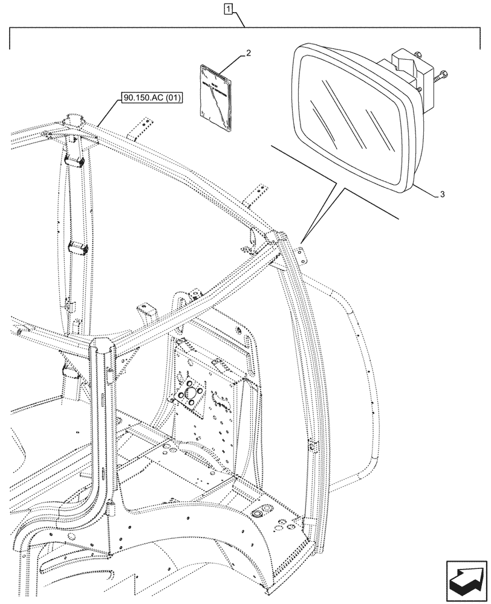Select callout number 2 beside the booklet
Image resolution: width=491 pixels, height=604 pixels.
tap(248, 54)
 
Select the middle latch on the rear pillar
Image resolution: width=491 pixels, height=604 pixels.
tap(77, 246)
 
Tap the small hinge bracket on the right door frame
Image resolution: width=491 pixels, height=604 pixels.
tap(312, 446)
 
